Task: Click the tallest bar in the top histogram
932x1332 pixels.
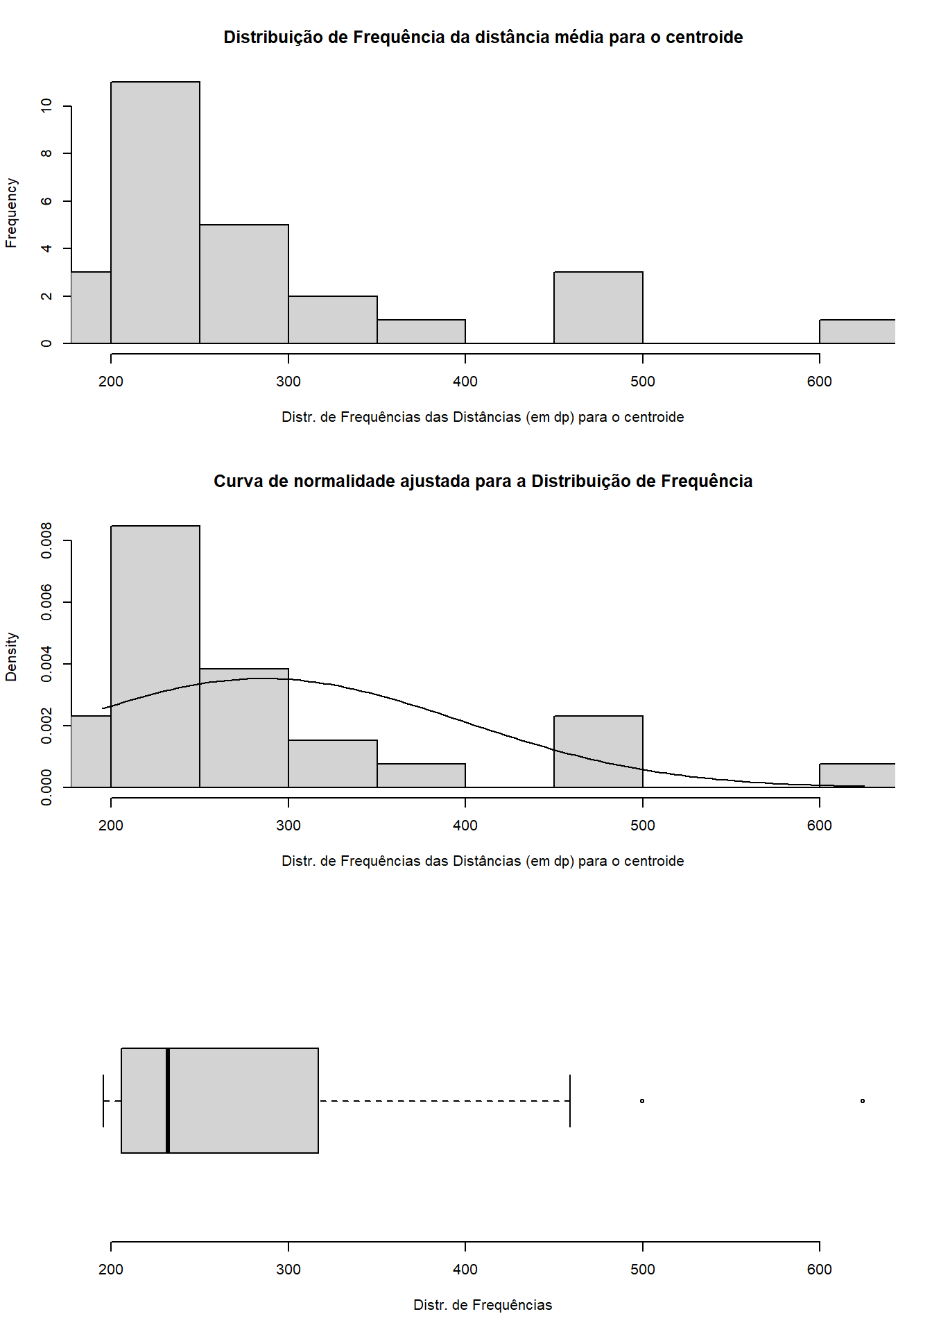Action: click(155, 212)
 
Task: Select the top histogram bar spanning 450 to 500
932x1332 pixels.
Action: click(598, 307)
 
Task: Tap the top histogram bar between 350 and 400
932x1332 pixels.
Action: click(421, 332)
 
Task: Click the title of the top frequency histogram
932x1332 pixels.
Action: click(483, 37)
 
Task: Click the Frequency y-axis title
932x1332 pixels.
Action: click(11, 212)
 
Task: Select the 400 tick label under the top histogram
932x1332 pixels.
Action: click(465, 382)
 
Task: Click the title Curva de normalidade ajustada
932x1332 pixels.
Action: click(483, 481)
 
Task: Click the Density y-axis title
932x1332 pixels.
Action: click(11, 656)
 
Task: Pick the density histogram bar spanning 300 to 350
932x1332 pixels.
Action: click(333, 764)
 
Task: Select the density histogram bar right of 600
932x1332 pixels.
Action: click(857, 776)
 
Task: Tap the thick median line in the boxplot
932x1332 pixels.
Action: click(168, 1100)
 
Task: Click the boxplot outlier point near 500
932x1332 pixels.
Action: click(642, 1101)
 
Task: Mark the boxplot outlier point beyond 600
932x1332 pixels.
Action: click(862, 1101)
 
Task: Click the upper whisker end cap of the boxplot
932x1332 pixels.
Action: click(570, 1100)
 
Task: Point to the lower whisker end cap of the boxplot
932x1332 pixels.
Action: click(103, 1100)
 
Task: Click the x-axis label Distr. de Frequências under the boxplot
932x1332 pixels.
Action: click(483, 1305)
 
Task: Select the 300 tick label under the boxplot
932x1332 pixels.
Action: click(288, 1270)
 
